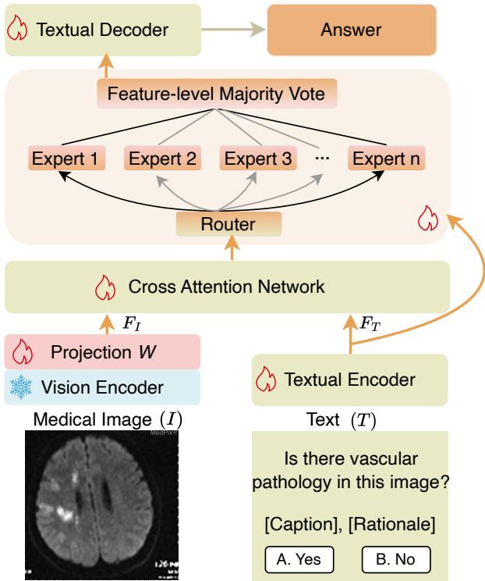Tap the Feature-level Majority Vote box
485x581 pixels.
(x=217, y=96)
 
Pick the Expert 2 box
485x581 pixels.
(x=162, y=159)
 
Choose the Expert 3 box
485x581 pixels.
(x=259, y=159)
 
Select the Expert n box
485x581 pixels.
(x=389, y=159)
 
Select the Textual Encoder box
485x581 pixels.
(x=350, y=380)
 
